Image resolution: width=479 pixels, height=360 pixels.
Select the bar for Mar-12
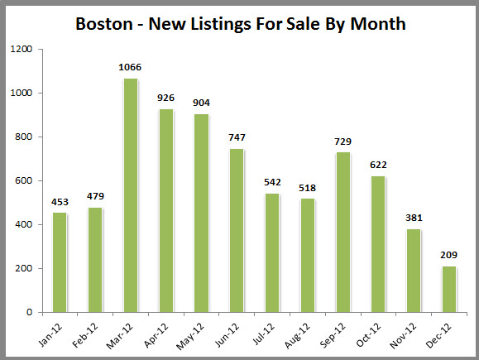(130, 195)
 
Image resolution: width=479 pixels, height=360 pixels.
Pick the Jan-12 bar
(59, 262)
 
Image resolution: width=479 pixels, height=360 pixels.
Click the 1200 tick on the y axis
(21, 50)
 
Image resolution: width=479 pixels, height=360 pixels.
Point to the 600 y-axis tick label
(23, 181)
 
